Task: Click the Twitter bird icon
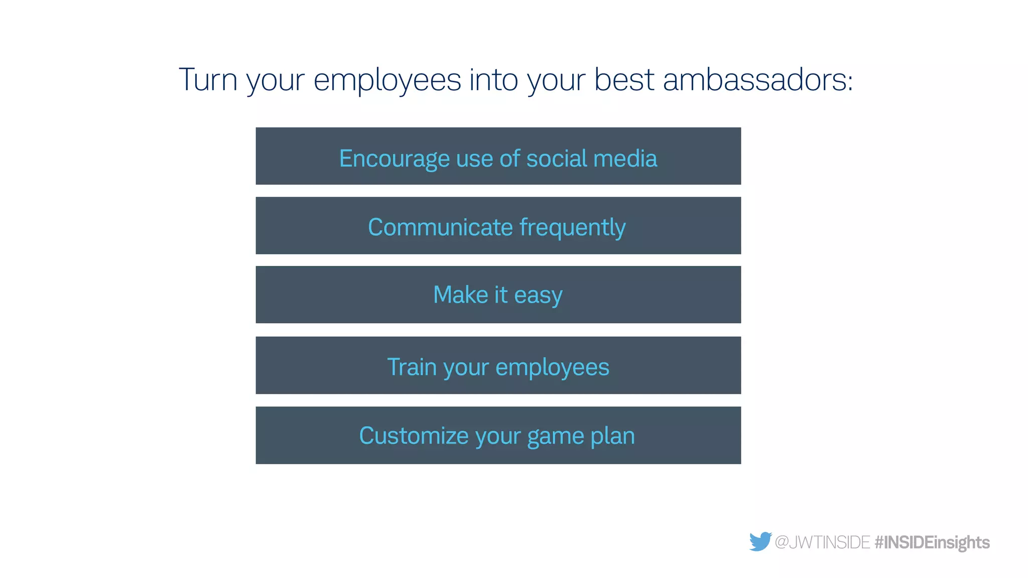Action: click(760, 541)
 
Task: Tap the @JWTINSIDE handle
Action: click(822, 542)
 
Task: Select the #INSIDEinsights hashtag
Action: click(932, 542)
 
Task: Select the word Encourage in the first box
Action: click(394, 159)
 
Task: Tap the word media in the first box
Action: click(625, 159)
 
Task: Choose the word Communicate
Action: click(440, 227)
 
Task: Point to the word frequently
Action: click(573, 227)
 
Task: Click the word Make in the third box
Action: click(460, 295)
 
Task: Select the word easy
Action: click(538, 295)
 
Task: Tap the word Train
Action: click(412, 367)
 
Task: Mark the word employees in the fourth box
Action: click(552, 367)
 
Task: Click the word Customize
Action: click(414, 436)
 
